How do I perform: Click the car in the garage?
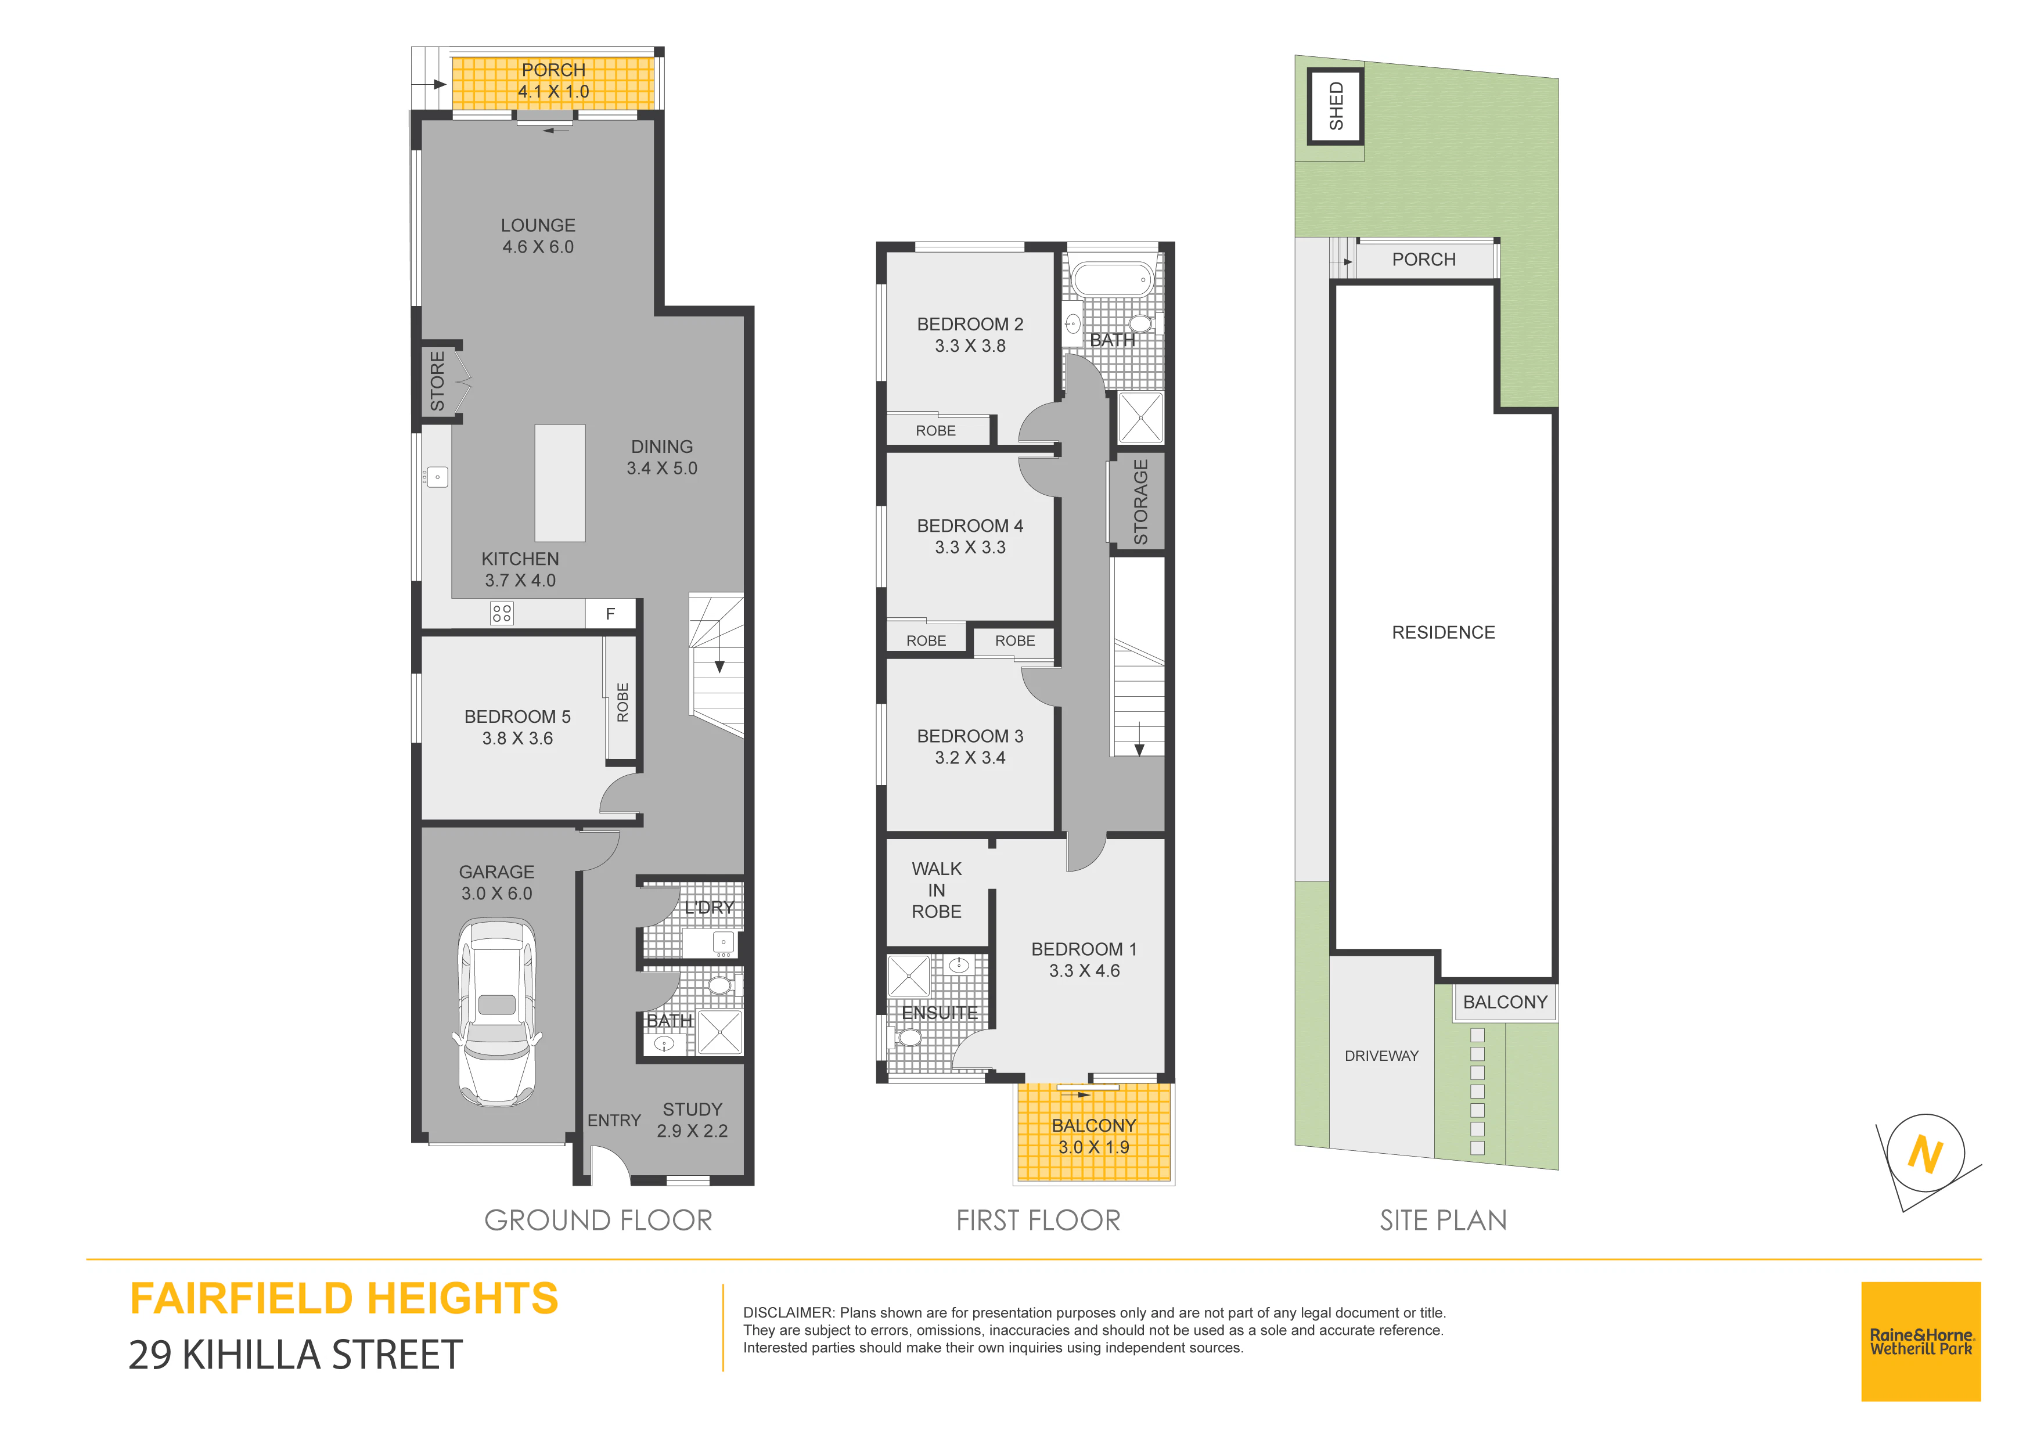tap(497, 1012)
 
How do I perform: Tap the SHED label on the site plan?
tap(1336, 106)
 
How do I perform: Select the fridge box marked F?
tap(610, 614)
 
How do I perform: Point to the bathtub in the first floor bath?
tap(1113, 279)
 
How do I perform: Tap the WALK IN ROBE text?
tap(937, 890)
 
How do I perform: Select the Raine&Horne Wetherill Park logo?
tap(1921, 1341)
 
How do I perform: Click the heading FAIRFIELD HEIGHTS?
tap(344, 1299)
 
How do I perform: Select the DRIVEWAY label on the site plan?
tap(1381, 1056)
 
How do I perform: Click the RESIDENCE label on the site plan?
tap(1444, 632)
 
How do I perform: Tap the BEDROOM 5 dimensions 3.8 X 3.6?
tap(517, 738)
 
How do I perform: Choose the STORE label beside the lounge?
tap(437, 381)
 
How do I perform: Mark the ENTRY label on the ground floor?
tap(614, 1121)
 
